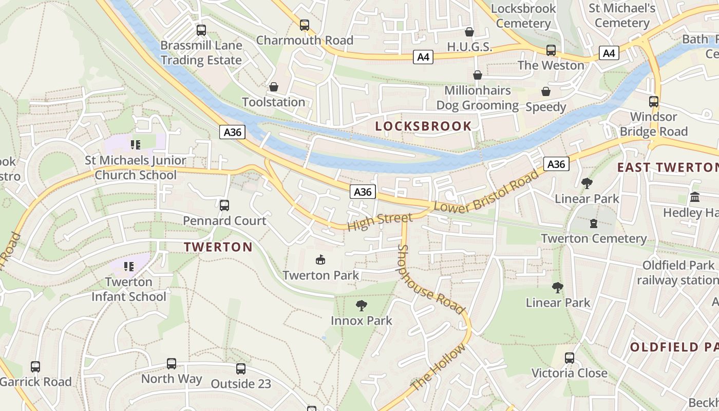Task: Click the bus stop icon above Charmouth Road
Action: [305, 25]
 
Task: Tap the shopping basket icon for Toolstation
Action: [274, 87]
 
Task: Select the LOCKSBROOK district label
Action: [423, 126]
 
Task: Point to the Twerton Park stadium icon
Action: [320, 260]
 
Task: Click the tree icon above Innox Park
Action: [362, 306]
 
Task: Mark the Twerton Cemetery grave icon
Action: [594, 223]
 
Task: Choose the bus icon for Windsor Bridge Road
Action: [654, 102]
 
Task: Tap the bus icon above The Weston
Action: [551, 50]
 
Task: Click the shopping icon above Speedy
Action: [545, 91]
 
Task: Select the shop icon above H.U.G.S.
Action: [469, 32]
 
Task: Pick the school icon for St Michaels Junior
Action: [135, 145]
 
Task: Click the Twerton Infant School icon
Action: [128, 267]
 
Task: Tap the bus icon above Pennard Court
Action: [224, 206]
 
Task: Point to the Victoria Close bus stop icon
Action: [570, 358]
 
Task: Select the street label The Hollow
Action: [438, 367]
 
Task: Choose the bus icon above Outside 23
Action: [241, 368]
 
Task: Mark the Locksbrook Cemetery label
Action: [523, 15]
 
